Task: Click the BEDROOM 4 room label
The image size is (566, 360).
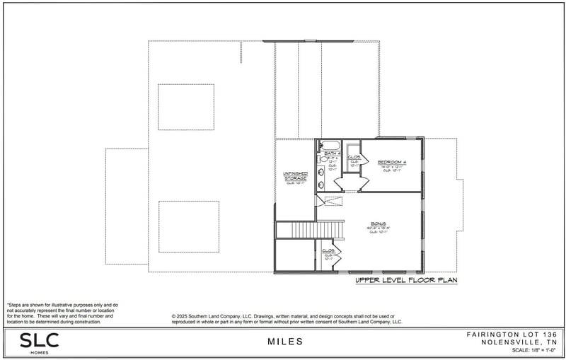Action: pos(391,161)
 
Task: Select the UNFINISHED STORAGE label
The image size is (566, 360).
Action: pos(296,176)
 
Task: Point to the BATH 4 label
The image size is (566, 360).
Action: pos(332,153)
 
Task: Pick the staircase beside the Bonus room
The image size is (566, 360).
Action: pos(309,230)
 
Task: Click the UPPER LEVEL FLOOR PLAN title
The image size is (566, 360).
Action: pos(406,281)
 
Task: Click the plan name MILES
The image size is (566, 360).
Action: pos(285,342)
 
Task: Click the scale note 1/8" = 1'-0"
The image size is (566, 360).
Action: pos(530,351)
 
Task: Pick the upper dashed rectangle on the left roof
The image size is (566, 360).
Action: pos(186,107)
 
